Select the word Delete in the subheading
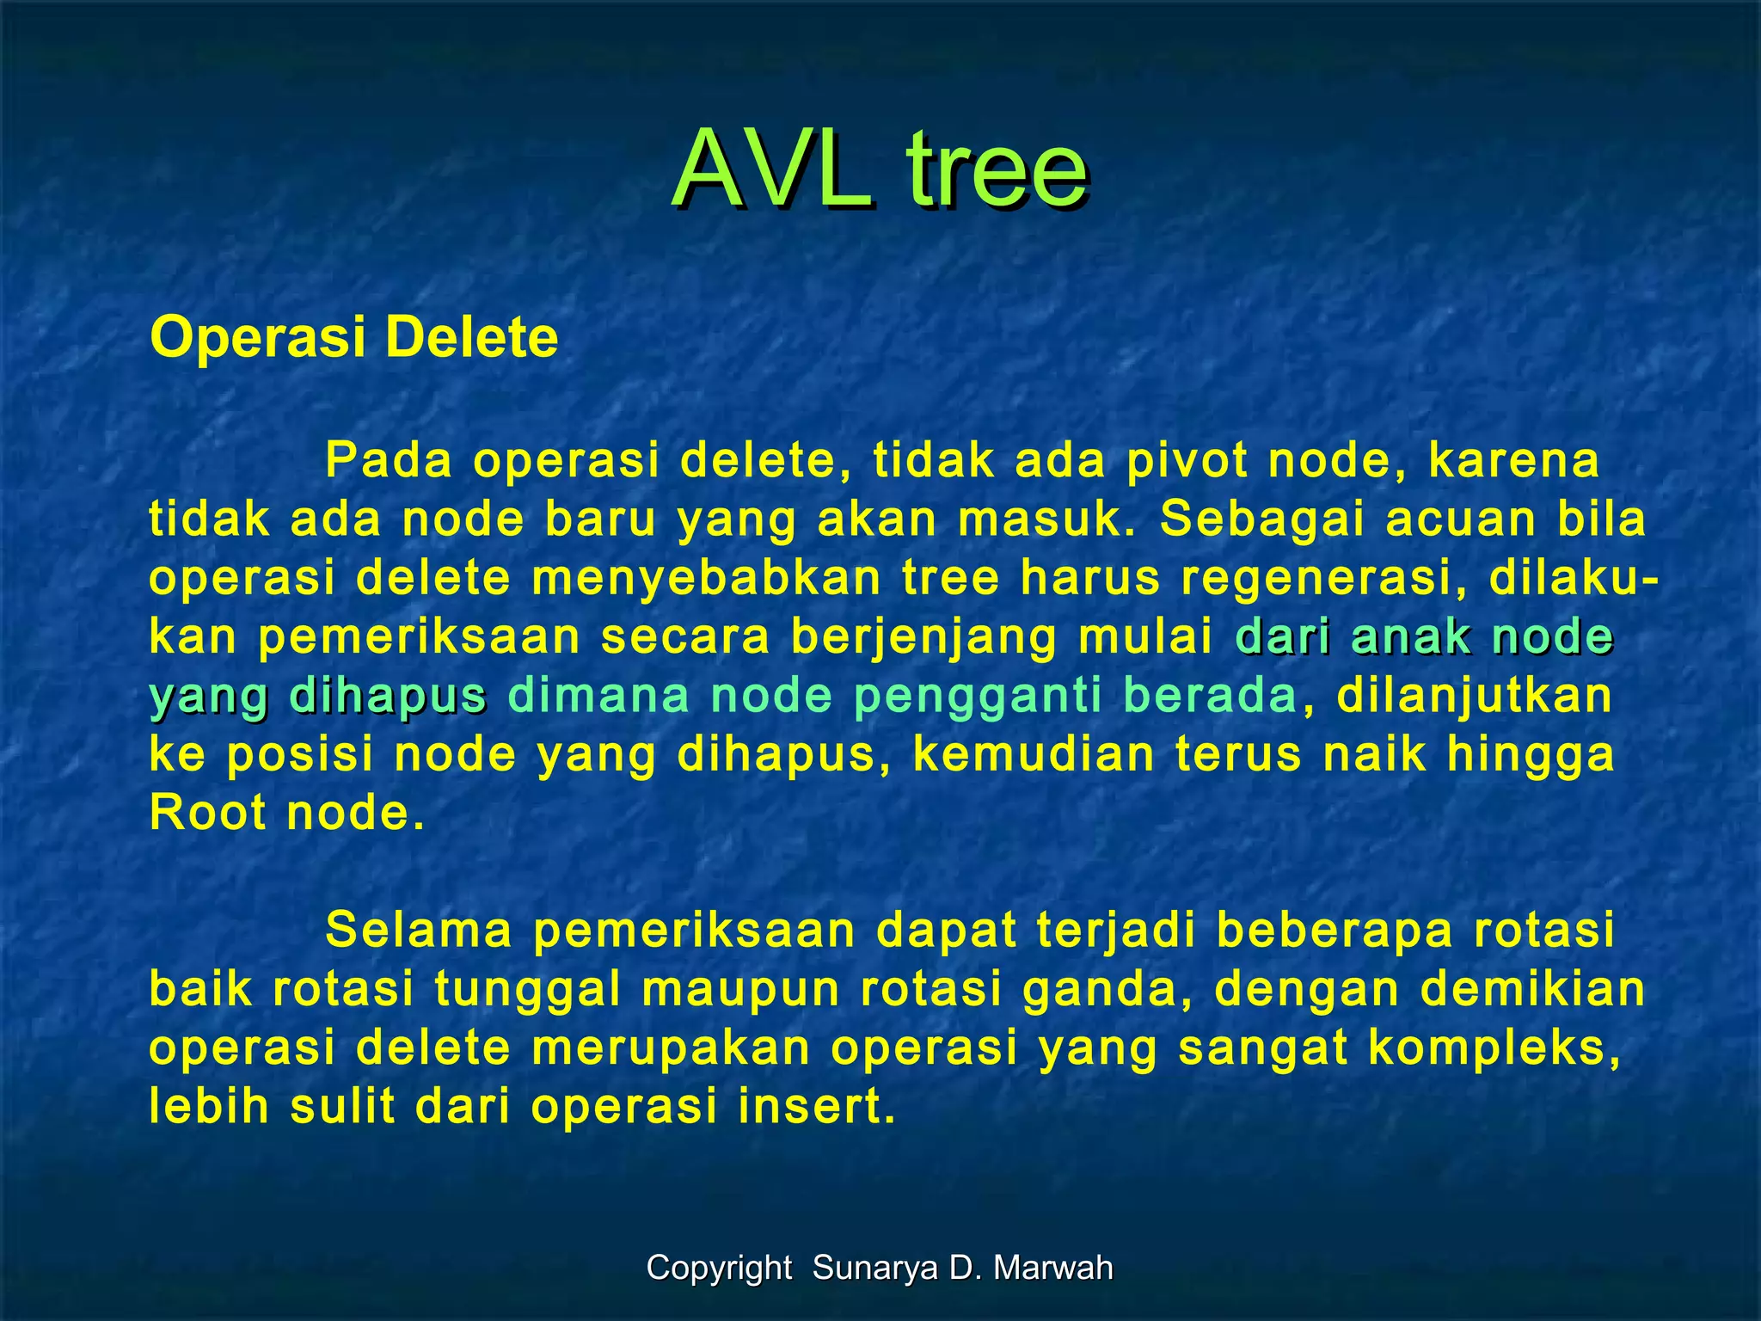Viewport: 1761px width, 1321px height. [x=471, y=337]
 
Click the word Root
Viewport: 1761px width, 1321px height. [x=207, y=813]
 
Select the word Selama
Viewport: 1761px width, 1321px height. [x=419, y=931]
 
